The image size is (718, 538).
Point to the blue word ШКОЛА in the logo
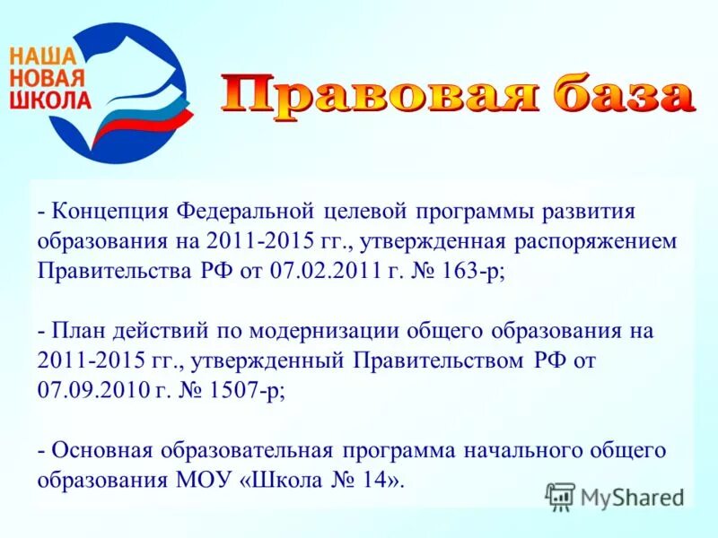pos(49,98)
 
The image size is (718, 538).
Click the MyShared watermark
pos(616,496)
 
